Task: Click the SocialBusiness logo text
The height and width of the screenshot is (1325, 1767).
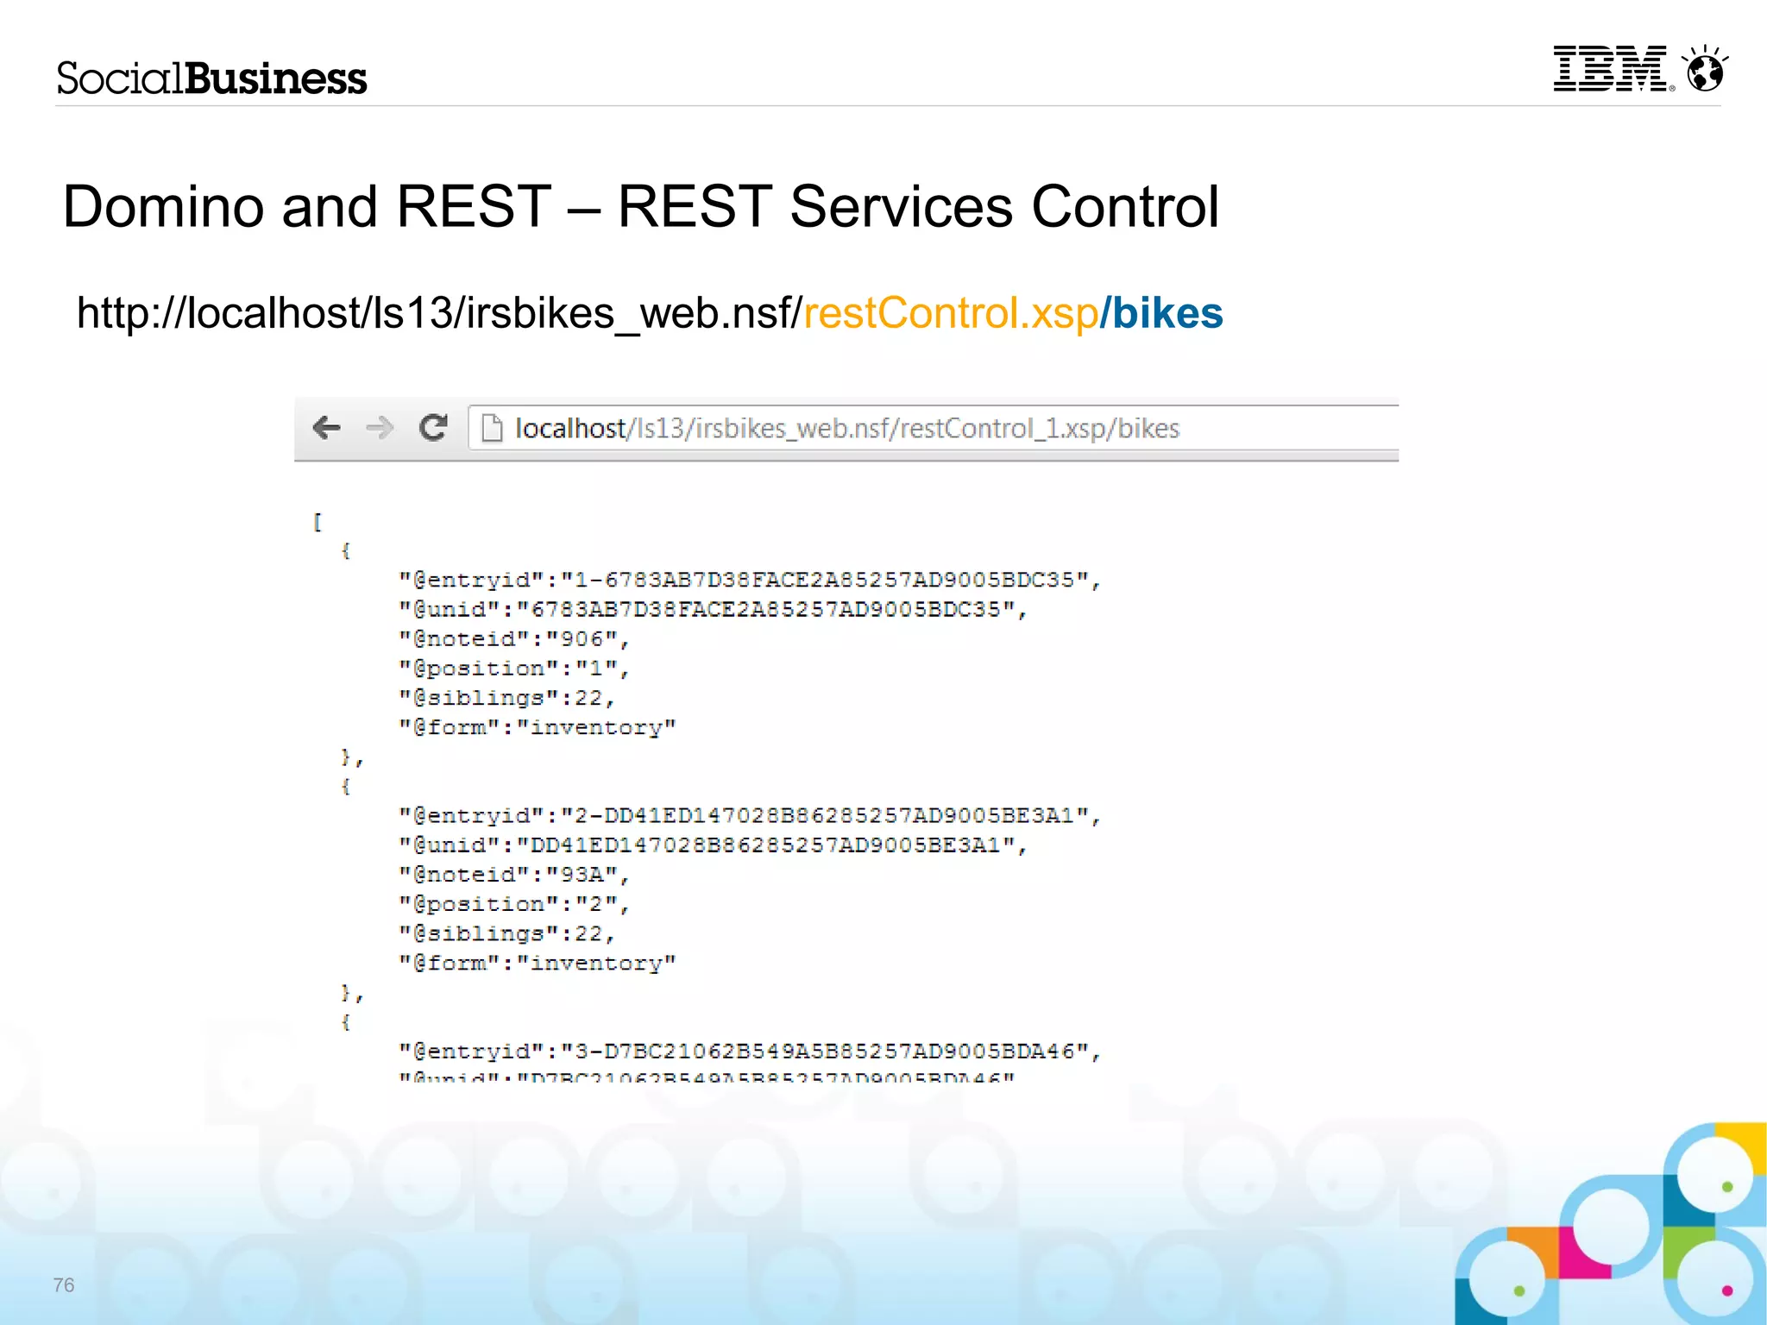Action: [x=212, y=78]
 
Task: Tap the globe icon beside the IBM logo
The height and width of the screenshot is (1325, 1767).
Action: [x=1706, y=70]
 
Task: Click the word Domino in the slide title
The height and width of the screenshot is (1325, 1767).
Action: [x=163, y=207]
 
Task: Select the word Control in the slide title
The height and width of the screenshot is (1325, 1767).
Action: [x=1125, y=207]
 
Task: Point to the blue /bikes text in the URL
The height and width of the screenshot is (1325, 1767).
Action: [x=1162, y=313]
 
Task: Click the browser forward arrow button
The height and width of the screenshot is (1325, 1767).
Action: [x=379, y=428]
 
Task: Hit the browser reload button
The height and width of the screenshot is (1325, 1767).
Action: [x=433, y=428]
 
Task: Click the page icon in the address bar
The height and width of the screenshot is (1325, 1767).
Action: [x=492, y=428]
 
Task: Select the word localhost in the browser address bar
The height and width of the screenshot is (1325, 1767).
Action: [x=570, y=429]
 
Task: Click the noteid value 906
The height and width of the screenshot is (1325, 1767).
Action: [x=582, y=639]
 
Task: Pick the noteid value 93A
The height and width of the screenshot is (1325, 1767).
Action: [x=582, y=875]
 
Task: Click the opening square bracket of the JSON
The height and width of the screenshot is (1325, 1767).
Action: [x=318, y=522]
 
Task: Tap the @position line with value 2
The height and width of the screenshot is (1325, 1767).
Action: [x=514, y=904]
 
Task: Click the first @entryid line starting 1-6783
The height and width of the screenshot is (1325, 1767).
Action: [x=749, y=580]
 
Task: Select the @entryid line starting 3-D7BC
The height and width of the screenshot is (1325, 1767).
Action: [x=749, y=1052]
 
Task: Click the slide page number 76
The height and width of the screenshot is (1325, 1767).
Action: [x=64, y=1285]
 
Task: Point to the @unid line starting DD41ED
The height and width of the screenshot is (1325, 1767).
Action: [x=713, y=845]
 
